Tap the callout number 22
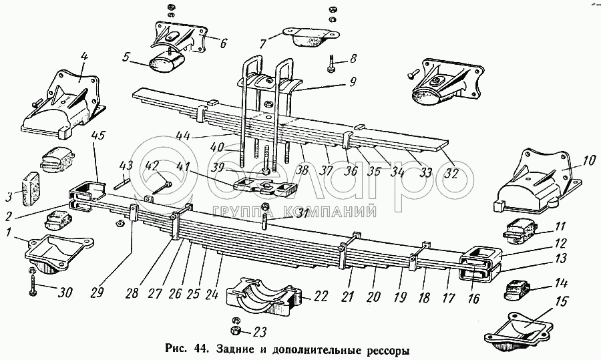[x=321, y=296]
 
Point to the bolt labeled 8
[x=332, y=65]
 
